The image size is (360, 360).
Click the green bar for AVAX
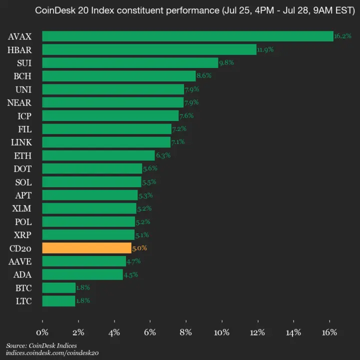point(187,36)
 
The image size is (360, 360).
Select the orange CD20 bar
point(87,248)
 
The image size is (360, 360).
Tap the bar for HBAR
point(149,49)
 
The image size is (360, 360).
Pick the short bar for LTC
point(58,301)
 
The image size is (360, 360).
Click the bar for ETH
point(98,155)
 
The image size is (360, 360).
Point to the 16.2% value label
point(342,36)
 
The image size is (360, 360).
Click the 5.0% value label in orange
point(139,248)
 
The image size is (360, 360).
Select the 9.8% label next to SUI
point(226,62)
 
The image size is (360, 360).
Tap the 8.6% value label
point(204,76)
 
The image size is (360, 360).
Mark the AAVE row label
point(21,261)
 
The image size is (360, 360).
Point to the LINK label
point(21,142)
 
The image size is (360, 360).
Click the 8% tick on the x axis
point(186,332)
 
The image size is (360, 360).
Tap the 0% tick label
point(42,332)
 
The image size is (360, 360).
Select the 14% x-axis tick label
point(293,332)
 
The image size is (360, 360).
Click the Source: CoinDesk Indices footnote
point(41,345)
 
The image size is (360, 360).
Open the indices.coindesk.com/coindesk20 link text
point(52,352)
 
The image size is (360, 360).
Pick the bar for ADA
point(82,274)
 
